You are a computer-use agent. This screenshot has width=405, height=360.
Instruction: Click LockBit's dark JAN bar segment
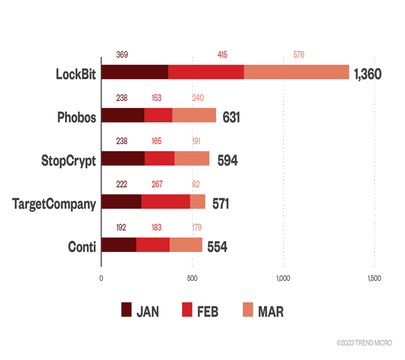(135, 73)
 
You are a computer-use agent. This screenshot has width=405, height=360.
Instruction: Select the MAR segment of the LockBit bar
(296, 73)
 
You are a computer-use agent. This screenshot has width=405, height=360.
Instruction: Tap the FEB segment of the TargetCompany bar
(166, 202)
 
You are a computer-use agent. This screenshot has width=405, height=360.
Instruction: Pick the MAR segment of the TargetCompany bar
(198, 202)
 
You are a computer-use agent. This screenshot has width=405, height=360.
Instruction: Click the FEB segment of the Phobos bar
(158, 116)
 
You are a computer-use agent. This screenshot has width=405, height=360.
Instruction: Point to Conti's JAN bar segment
(119, 245)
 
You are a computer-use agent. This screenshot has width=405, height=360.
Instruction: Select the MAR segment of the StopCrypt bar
(192, 159)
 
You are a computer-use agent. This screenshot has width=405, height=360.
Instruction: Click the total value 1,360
(368, 74)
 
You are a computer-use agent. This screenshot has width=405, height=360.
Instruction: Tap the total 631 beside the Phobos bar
(231, 117)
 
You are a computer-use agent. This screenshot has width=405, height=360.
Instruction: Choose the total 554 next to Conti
(217, 247)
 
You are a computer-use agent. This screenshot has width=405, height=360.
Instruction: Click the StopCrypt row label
(69, 160)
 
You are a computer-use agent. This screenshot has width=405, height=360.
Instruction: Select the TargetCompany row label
(54, 204)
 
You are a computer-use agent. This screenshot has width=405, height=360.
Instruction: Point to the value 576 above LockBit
(299, 54)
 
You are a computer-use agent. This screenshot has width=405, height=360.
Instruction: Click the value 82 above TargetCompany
(195, 184)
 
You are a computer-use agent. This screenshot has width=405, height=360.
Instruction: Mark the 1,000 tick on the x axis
(283, 279)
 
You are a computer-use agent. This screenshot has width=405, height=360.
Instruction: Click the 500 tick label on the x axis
(192, 279)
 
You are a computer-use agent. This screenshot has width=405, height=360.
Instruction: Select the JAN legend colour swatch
(127, 310)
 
